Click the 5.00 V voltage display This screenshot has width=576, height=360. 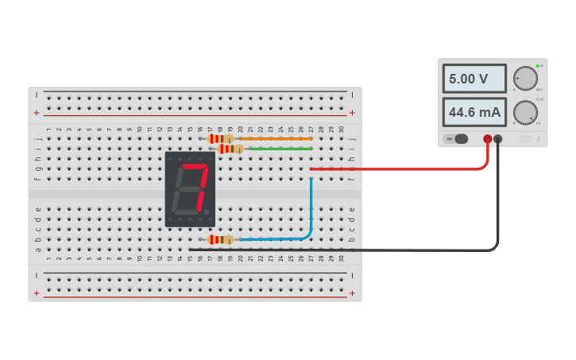pos(474,79)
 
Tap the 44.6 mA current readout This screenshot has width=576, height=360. pos(474,112)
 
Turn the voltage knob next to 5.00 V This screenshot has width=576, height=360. pos(524,78)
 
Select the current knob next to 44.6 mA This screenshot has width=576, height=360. pos(524,111)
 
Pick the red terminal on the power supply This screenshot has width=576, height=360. pos(488,139)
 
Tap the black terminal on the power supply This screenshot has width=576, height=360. pos(498,139)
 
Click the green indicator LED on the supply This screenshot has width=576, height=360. pos(538,65)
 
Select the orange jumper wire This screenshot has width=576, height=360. pos(274,139)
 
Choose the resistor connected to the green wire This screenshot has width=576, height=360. pos(230,149)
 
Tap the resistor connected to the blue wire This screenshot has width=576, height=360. pos(220,239)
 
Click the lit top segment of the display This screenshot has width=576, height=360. pos(194,168)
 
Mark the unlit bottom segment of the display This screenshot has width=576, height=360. pos(188,212)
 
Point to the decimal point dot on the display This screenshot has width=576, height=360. pos(209,214)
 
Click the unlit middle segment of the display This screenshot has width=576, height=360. pos(191,190)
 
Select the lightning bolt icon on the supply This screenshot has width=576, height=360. pos(539,139)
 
